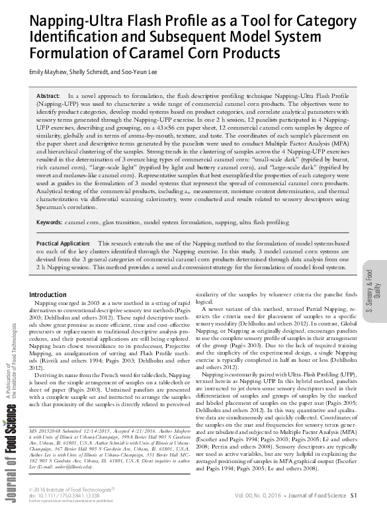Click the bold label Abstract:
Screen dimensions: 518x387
pos(48,97)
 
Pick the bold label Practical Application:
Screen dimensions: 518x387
pos(66,244)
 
